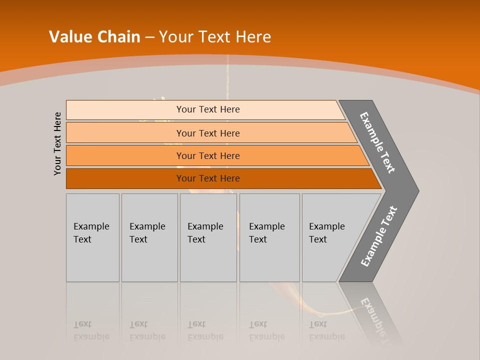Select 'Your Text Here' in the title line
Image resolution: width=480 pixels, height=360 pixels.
(215, 37)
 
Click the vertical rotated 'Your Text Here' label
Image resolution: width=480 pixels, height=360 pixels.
(57, 143)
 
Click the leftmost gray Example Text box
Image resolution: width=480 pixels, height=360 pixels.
(92, 237)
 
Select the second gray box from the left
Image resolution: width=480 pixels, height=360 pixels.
(149, 237)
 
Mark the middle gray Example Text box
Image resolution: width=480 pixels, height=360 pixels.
(208, 237)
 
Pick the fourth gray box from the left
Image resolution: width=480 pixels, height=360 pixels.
(269, 237)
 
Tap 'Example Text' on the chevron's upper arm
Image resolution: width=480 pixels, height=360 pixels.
(377, 142)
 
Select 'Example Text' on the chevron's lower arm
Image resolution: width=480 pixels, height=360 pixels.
(379, 236)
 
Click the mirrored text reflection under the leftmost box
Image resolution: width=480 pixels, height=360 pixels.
(91, 330)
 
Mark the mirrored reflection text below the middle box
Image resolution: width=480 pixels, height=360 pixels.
(205, 330)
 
